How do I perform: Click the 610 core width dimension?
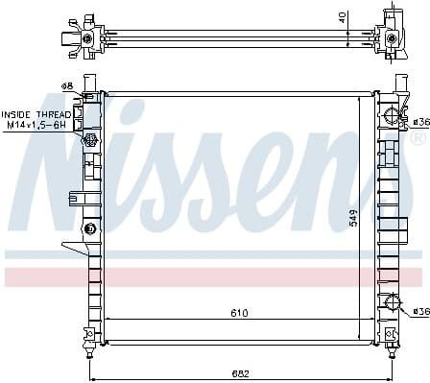pyautogui.click(x=238, y=313)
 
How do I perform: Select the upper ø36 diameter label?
pyautogui.click(x=419, y=122)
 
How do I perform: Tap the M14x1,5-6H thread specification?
pyautogui.click(x=36, y=126)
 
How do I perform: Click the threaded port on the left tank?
pyautogui.click(x=90, y=141)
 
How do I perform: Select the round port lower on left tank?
pyautogui.click(x=90, y=228)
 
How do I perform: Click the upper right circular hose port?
pyautogui.click(x=390, y=117)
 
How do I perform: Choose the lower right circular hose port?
pyautogui.click(x=390, y=304)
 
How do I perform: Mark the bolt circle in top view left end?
pyautogui.click(x=88, y=38)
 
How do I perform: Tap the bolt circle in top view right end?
pyautogui.click(x=392, y=38)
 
